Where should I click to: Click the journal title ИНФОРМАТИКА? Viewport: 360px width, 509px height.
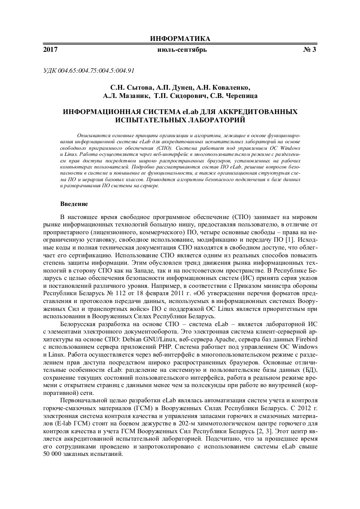[180, 39]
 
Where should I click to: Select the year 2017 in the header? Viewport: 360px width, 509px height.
[51, 50]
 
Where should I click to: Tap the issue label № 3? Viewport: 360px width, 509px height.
[309, 50]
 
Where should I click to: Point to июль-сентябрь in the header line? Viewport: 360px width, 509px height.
[182, 50]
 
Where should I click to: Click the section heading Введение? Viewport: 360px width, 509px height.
[74, 204]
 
